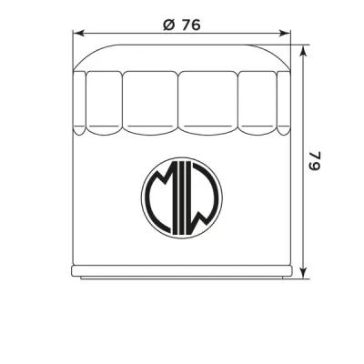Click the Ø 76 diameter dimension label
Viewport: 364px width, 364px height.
pos(181,25)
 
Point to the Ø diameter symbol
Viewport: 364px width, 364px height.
pos(167,25)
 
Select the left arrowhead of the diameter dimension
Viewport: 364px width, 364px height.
pos(76,37)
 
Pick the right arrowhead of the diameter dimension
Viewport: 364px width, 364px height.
pos(288,37)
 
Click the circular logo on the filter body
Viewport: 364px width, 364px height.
pos(182,198)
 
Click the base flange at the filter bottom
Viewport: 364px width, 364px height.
pos(182,272)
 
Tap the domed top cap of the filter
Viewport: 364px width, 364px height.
pos(182,56)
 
